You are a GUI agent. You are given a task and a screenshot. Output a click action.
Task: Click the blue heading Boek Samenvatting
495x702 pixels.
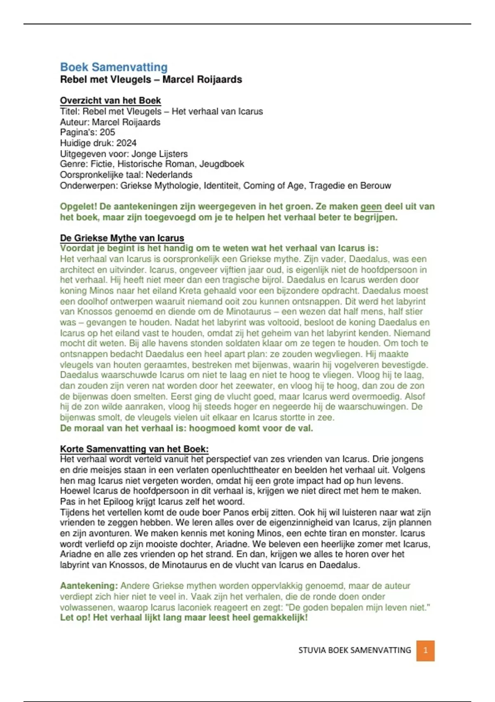point(114,67)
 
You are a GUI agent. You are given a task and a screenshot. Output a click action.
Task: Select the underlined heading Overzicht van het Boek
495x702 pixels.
point(111,100)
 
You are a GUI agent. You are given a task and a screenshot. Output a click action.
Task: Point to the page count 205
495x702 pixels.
point(107,133)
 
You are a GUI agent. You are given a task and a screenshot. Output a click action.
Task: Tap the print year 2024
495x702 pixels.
point(127,143)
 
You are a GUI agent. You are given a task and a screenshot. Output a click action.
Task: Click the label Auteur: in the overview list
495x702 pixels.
point(75,122)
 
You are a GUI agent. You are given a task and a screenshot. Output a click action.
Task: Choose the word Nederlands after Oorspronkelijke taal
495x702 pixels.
point(169,175)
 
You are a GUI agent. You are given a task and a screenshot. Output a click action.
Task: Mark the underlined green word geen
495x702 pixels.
point(371,206)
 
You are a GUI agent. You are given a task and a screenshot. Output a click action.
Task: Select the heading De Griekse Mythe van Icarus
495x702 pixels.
point(122,238)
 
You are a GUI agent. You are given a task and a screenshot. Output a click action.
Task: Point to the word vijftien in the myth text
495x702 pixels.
point(227,270)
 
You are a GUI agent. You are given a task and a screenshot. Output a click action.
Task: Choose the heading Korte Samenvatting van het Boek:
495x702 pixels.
point(134,449)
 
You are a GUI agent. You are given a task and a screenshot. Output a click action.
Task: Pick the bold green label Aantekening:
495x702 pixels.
point(89,586)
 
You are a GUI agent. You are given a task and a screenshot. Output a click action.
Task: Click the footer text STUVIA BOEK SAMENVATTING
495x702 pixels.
point(355,650)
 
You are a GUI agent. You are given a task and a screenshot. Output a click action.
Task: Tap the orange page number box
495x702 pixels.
point(425,650)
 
